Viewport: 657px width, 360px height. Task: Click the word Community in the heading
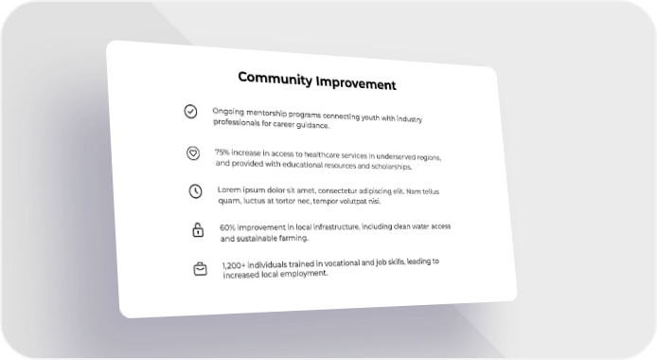(x=275, y=79)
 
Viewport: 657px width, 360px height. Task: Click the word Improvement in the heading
(x=356, y=83)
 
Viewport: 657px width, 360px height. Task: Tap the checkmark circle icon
(x=190, y=111)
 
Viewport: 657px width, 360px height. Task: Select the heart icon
(x=193, y=153)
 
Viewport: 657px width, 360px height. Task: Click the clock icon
(x=196, y=191)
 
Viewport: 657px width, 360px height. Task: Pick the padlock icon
(x=198, y=229)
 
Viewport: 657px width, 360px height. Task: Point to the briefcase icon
(x=201, y=269)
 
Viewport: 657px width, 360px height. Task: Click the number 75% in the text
(x=222, y=153)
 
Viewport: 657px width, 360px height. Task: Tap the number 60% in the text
(x=227, y=227)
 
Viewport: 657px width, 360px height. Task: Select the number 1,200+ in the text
(x=234, y=265)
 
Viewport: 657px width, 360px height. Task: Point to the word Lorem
(x=229, y=189)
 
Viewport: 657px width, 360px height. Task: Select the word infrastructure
(x=336, y=227)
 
